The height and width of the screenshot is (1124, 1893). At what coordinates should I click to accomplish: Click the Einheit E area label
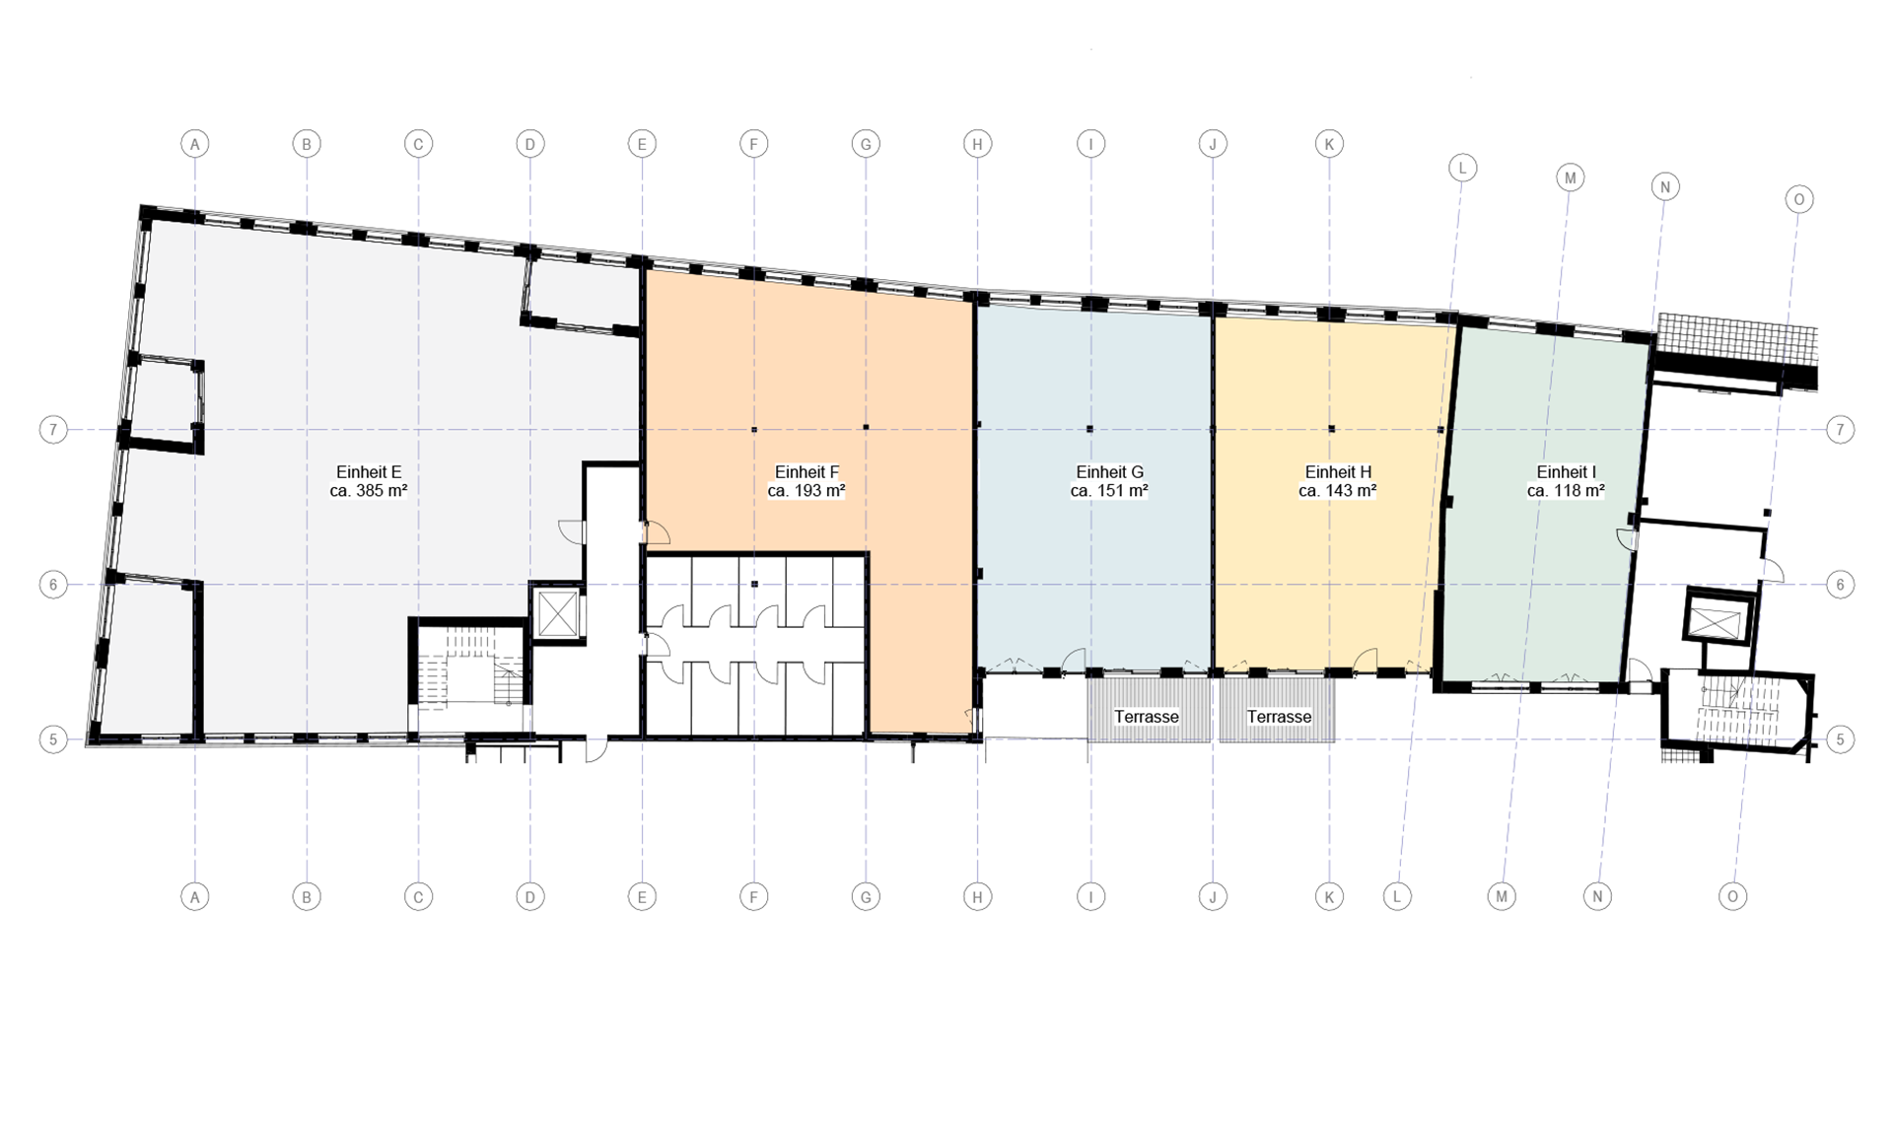point(369,481)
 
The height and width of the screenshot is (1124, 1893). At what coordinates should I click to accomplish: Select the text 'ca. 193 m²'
point(806,491)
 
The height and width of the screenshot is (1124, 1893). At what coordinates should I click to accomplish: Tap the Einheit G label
point(1109,472)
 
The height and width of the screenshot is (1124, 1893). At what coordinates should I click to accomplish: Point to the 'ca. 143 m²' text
point(1338,491)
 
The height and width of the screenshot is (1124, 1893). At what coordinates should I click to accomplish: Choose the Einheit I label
point(1566,472)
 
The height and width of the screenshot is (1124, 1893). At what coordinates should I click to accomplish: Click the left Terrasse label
point(1147,717)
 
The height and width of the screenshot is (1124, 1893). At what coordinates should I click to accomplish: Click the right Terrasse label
point(1279,717)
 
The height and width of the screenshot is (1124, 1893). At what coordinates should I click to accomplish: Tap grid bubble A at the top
point(195,144)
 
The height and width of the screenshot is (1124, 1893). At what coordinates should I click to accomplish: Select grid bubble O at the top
point(1799,199)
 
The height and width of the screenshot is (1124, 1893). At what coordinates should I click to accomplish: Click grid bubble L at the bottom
point(1397,896)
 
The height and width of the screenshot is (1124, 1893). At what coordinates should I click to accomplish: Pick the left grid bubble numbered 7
point(53,429)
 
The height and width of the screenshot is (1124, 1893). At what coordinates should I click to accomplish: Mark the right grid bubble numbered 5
point(1840,739)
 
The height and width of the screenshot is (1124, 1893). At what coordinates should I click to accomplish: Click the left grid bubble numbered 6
point(53,585)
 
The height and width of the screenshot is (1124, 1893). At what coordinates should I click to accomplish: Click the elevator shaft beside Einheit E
point(558,613)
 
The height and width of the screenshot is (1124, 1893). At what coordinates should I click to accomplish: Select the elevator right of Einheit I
point(1717,621)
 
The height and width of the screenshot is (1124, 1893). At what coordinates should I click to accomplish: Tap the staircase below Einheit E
point(470,669)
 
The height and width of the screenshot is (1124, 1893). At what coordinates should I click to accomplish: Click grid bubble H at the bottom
point(977,896)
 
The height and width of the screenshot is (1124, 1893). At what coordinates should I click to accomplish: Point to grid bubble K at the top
point(1329,144)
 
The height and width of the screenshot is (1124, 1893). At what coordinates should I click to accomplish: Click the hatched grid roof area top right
point(1737,337)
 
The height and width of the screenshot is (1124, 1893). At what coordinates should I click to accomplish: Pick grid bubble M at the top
point(1571,178)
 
